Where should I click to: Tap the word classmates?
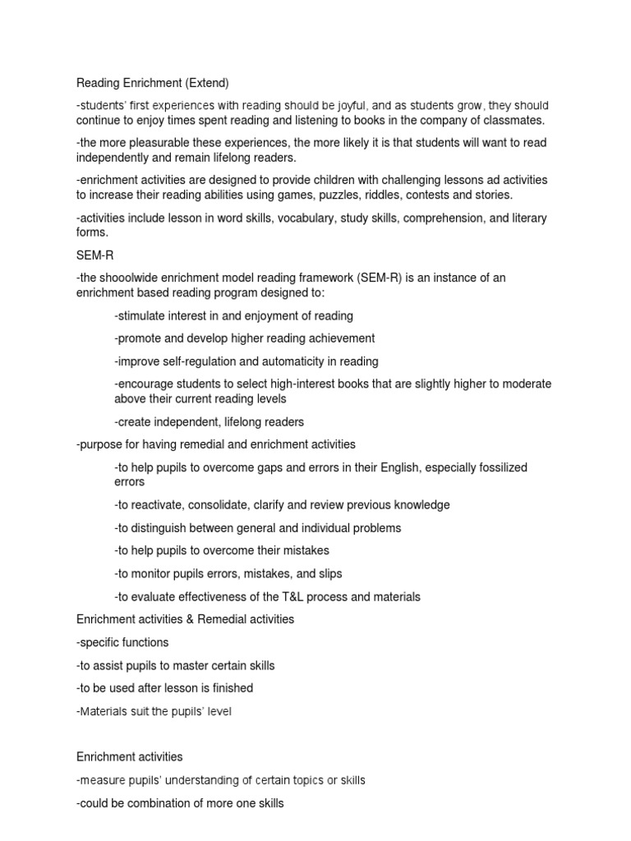point(514,120)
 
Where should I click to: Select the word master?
point(198,665)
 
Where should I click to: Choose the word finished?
point(232,688)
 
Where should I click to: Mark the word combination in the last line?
point(158,803)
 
